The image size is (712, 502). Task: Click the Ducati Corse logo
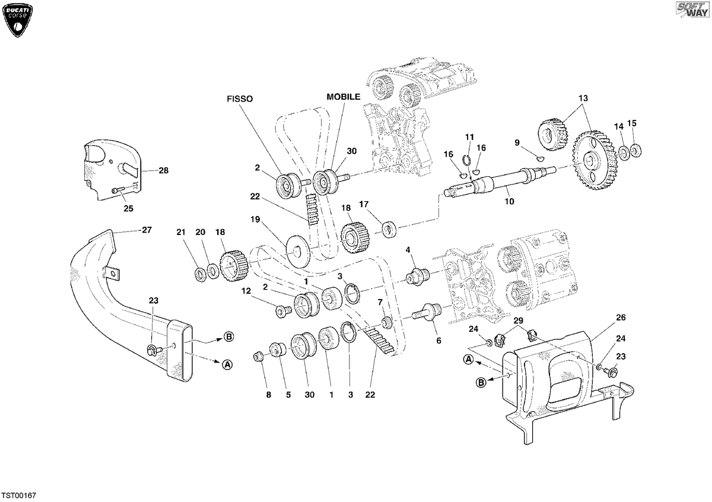click(17, 20)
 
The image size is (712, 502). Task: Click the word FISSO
click(240, 99)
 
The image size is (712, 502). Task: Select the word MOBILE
click(344, 97)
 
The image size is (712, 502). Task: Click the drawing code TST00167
click(19, 495)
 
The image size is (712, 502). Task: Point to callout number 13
click(583, 99)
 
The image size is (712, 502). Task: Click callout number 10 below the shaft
click(509, 201)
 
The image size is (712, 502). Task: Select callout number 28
click(163, 170)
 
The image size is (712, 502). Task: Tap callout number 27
click(147, 230)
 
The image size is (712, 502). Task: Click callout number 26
click(621, 317)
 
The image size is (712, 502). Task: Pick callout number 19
click(255, 220)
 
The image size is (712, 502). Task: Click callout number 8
click(269, 395)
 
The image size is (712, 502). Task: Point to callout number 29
click(518, 320)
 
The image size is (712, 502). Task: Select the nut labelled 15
click(635, 150)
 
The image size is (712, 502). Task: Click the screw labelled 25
click(118, 190)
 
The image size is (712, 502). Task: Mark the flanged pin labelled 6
click(425, 312)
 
